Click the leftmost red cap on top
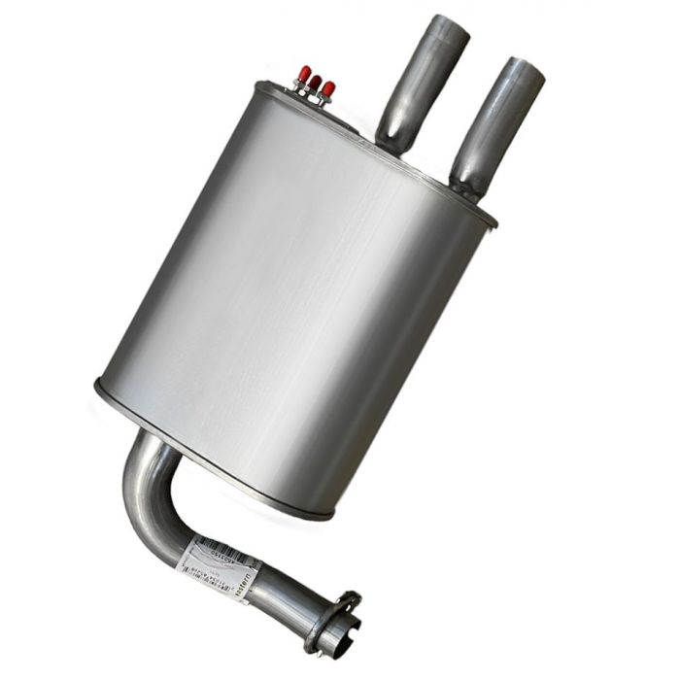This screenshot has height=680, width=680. click(304, 74)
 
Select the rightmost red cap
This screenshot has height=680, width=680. click(328, 89)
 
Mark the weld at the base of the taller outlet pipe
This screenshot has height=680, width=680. click(393, 146)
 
